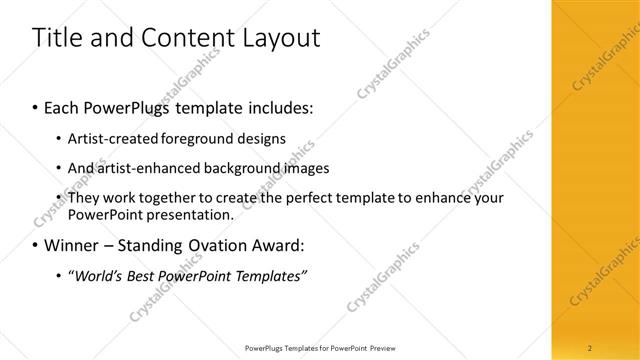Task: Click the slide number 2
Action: point(590,348)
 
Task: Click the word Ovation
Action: point(215,244)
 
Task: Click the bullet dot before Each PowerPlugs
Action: point(36,105)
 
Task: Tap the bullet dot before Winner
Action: point(36,245)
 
